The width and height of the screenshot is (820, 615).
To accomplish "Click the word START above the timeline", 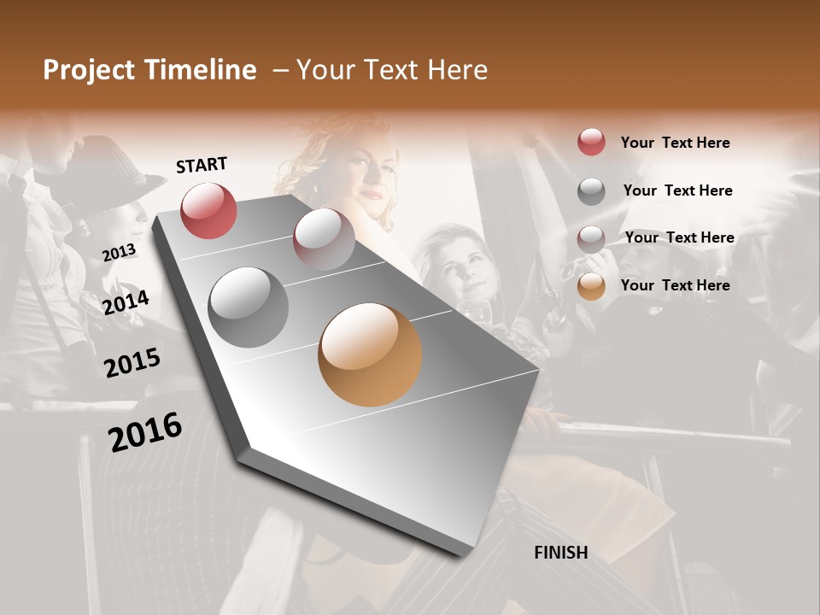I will pos(202,165).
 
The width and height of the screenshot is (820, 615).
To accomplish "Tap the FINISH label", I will pos(560,553).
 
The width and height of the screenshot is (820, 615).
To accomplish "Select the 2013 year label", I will pos(119,253).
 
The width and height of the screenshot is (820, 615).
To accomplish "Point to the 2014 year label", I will pos(126,302).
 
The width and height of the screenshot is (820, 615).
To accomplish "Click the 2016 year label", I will pos(145,432).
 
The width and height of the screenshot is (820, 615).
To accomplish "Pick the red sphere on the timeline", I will pos(208,210).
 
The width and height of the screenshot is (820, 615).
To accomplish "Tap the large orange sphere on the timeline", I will pos(370,354).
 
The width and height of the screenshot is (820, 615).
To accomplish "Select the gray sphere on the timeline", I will pos(248,307).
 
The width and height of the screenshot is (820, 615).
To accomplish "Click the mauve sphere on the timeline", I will pos(324,238).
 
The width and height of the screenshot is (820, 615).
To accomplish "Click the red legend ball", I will pos(591,143).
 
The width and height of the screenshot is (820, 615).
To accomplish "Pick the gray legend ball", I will pos(591,191).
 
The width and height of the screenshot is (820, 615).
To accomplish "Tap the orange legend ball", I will pos(591,286).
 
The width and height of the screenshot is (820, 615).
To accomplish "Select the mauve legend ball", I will pos(591,238).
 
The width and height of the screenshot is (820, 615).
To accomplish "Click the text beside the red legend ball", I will pos(675,143).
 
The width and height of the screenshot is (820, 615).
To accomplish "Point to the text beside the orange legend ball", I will pos(675,285).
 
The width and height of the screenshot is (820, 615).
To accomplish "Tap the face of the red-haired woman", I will pos(374,176).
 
